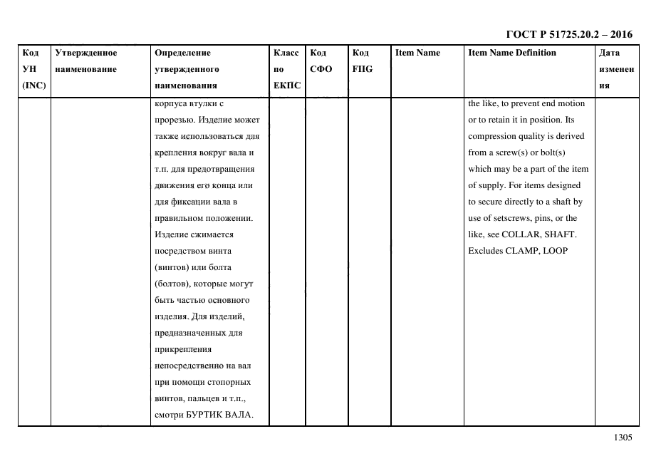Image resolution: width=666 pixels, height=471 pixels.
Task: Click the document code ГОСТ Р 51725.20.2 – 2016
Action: click(568, 34)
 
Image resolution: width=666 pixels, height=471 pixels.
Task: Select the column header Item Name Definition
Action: click(512, 53)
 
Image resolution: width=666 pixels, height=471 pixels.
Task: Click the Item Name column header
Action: click(417, 53)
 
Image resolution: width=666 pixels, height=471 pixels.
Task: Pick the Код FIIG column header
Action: click(362, 61)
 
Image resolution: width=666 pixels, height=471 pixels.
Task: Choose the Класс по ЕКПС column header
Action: click(287, 69)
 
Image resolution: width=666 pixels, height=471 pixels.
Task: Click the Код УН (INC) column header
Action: click(33, 69)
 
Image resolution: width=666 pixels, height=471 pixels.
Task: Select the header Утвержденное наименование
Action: click(86, 61)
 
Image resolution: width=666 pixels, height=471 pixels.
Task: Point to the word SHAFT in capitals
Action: click(561, 234)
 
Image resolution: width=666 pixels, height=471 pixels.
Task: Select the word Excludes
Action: click(484, 251)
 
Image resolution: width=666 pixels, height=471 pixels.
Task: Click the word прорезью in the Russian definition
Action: click(172, 120)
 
